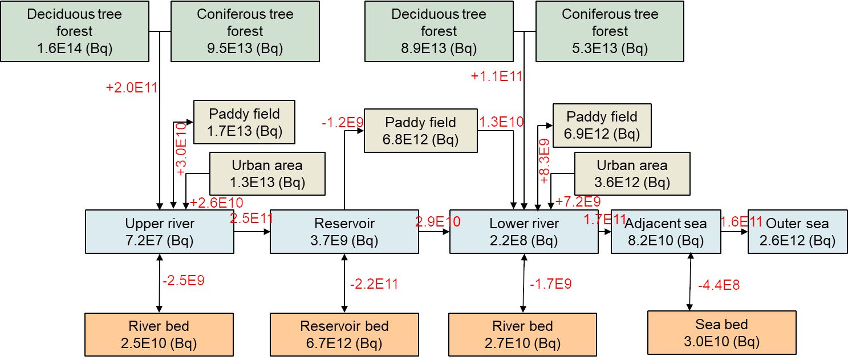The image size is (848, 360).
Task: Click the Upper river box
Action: [160, 232]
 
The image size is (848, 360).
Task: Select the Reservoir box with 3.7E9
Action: [344, 232]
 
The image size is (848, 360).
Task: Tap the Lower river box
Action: [524, 232]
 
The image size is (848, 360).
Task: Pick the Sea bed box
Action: [721, 333]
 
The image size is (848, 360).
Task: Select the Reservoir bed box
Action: [344, 334]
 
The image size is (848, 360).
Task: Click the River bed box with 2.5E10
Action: [159, 334]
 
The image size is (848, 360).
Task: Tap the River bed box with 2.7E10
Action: [523, 334]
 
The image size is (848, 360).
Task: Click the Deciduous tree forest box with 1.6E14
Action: [74, 31]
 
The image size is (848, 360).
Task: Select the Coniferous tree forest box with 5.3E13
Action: [610, 31]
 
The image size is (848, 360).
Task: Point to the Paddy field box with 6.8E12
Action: [420, 131]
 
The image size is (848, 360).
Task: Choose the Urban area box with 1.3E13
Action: [267, 173]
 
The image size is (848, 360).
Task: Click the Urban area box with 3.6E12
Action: [632, 173]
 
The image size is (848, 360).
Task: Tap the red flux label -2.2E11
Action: [374, 284]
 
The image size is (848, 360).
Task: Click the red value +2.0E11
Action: [132, 88]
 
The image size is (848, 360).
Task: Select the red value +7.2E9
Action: [578, 201]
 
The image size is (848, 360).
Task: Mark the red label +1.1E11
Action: [497, 76]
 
